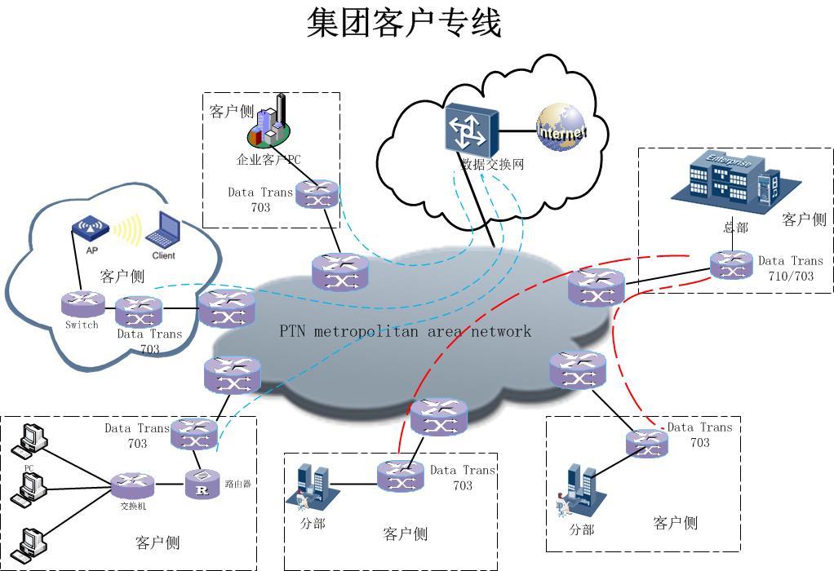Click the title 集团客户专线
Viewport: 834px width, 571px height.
pos(404,23)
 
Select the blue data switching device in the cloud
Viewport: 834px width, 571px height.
pos(470,130)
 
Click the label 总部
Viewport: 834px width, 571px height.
pos(735,228)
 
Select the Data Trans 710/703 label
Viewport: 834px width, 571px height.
pos(790,268)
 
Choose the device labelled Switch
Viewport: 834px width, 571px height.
pos(82,303)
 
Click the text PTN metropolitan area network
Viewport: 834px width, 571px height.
pos(405,331)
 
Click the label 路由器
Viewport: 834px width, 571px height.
pos(237,484)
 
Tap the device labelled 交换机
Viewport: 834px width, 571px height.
pos(132,486)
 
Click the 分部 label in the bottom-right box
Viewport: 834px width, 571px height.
pos(581,530)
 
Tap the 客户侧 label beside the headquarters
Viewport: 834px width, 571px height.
pos(804,219)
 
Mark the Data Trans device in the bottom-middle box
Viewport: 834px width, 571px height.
pos(401,476)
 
